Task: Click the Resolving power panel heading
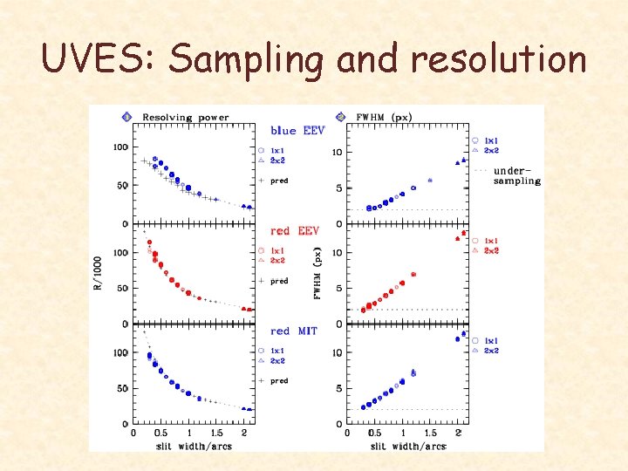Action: [x=186, y=117]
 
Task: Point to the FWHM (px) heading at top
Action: [x=385, y=117]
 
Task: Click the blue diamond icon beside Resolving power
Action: [x=127, y=117]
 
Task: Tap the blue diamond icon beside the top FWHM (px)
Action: [x=339, y=117]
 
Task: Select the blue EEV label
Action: [x=297, y=131]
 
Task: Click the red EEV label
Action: [x=295, y=231]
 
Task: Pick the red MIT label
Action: [x=295, y=331]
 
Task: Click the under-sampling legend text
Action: [x=516, y=175]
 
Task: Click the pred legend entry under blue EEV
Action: [x=278, y=181]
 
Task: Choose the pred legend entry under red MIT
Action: [x=278, y=381]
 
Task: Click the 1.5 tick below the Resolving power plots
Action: [x=216, y=433]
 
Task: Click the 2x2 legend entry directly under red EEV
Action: [x=277, y=261]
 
